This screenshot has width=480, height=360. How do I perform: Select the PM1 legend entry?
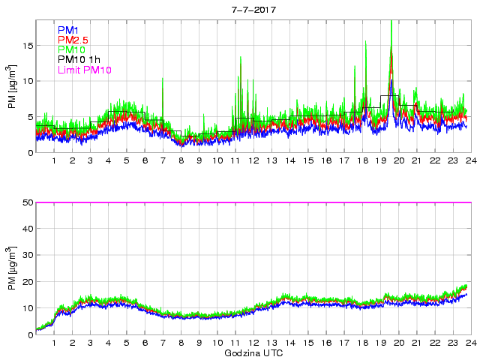[x=67, y=30]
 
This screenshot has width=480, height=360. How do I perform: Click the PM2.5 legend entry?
[x=73, y=40]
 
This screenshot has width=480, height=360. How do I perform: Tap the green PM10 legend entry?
[x=70, y=49]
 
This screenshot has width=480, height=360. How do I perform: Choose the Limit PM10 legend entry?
[x=84, y=70]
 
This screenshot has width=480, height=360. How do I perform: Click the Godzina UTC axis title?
[x=253, y=352]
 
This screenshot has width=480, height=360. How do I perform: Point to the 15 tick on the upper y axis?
[x=26, y=46]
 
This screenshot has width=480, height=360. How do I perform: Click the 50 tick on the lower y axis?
[x=26, y=202]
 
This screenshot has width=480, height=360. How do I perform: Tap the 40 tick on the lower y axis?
[x=26, y=229]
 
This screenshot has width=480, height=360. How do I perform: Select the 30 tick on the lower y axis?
[x=26, y=255]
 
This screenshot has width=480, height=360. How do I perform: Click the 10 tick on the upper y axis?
[x=26, y=81]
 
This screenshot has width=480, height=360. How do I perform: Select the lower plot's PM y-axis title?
[x=10, y=268]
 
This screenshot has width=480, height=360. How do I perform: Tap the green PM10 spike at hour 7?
[x=163, y=79]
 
